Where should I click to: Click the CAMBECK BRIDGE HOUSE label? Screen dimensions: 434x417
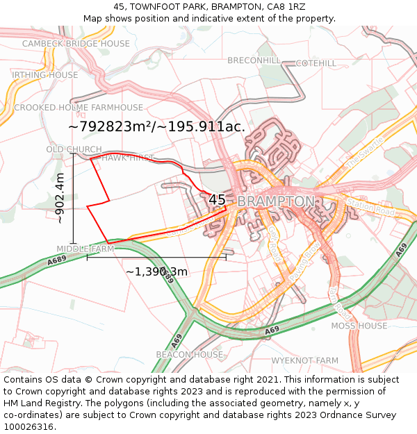[x=76, y=43]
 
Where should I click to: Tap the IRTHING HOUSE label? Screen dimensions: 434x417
[x=45, y=75]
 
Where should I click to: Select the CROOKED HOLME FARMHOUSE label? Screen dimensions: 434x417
[x=79, y=108]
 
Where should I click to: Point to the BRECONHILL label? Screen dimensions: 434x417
[x=254, y=60]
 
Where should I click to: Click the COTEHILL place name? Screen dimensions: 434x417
[x=316, y=63]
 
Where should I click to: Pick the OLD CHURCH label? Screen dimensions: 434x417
[x=74, y=149]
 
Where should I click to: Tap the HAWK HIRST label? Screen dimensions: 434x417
[x=128, y=158]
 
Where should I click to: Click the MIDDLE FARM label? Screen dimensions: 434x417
[x=85, y=249]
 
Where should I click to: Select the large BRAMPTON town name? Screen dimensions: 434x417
[x=276, y=201]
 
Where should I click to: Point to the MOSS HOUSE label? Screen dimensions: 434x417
[x=359, y=326]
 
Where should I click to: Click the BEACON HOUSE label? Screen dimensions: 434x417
[x=189, y=354]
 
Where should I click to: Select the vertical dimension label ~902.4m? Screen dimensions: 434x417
[x=60, y=198]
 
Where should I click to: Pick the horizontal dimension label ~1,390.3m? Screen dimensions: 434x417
[x=156, y=271]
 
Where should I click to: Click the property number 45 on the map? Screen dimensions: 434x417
[x=218, y=200]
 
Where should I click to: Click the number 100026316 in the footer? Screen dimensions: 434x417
[x=28, y=426]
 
